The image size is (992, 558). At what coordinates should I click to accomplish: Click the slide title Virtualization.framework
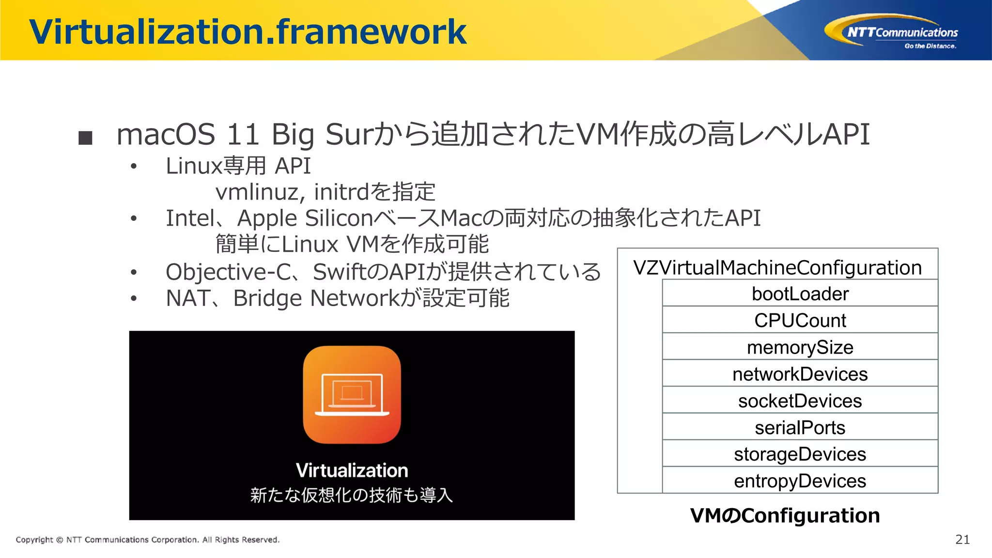tap(247, 32)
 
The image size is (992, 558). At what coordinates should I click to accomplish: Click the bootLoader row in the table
tap(800, 294)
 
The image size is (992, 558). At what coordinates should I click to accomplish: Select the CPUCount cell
tap(800, 320)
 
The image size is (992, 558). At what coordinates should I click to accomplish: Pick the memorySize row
tap(800, 347)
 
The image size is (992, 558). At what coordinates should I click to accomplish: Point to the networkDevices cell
tap(800, 374)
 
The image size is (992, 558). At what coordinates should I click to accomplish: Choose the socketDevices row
tap(800, 401)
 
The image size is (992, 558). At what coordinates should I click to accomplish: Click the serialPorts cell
tap(800, 428)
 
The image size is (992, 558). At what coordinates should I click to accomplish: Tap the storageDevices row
tap(800, 454)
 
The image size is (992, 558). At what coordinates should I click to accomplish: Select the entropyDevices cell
tap(800, 481)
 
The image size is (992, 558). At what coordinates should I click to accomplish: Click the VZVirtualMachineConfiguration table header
tap(777, 267)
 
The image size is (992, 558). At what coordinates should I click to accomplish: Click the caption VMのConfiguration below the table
tap(785, 515)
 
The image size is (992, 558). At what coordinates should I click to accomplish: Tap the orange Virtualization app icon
tap(352, 394)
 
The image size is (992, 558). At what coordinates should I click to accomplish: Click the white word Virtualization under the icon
tap(352, 470)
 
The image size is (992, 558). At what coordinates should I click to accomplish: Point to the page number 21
tap(962, 540)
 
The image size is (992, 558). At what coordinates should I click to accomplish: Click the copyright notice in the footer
tap(148, 540)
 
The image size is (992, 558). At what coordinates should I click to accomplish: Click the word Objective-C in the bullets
tap(228, 272)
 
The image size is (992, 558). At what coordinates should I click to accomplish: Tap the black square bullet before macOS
tap(85, 138)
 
